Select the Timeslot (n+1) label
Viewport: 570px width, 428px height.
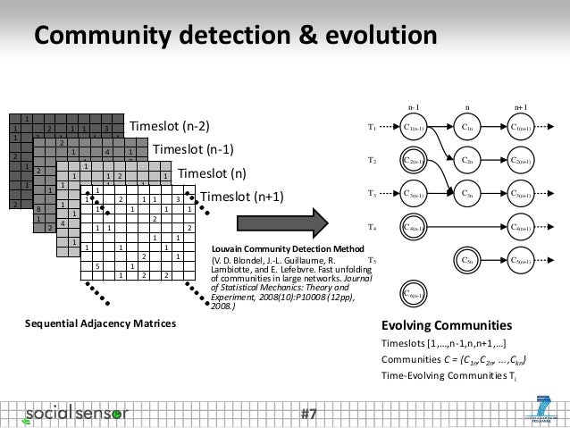coord(240,197)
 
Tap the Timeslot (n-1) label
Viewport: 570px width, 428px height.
coord(196,148)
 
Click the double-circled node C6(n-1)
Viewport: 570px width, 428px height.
coord(414,292)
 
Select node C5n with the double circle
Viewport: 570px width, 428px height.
coord(467,260)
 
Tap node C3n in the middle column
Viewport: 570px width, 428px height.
coord(467,193)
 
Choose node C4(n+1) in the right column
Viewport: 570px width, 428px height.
coord(520,227)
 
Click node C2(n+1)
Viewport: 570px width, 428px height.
coord(520,161)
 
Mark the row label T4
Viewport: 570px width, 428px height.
coord(373,227)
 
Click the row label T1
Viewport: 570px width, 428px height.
coord(373,128)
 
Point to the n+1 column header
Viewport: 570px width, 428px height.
coord(520,105)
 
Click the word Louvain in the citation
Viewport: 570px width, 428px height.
coord(229,247)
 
